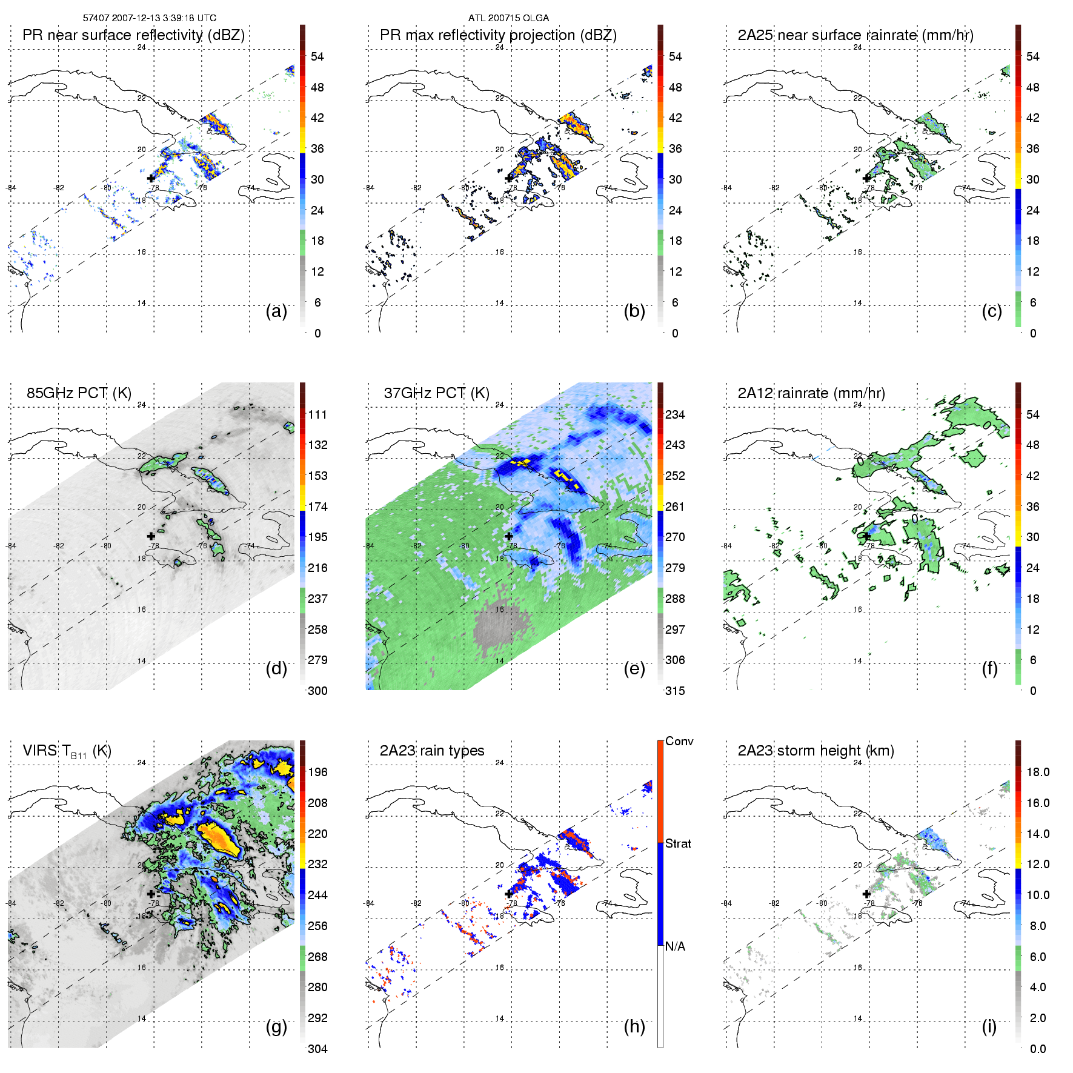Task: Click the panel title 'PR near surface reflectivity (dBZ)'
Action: [133, 35]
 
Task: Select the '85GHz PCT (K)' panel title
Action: [79, 393]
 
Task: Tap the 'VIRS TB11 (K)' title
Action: [67, 751]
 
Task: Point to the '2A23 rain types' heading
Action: [432, 751]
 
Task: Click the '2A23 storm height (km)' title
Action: [816, 751]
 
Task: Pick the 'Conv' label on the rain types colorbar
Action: [679, 741]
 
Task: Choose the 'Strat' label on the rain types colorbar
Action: [678, 843]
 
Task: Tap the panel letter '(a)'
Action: [276, 311]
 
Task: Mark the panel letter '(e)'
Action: [634, 668]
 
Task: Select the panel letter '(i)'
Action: [989, 1026]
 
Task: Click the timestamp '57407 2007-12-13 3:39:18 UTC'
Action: [150, 18]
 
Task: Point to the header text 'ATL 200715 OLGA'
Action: [508, 18]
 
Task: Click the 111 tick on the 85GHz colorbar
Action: [317, 414]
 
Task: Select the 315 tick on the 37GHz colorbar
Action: [675, 691]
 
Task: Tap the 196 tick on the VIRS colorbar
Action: [317, 772]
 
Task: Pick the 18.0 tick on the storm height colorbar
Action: [1038, 772]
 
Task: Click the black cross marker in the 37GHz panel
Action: [509, 536]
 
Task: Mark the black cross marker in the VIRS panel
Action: [151, 894]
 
